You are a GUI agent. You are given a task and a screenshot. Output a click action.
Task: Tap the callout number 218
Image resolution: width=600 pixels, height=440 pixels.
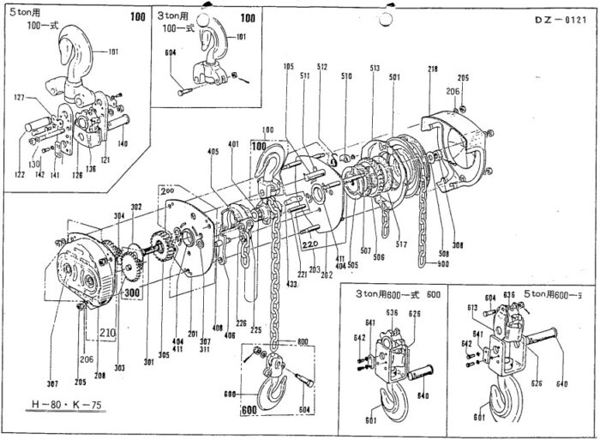tap(433, 68)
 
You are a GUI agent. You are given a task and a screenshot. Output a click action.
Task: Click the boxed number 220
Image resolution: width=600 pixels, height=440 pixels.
tap(310, 243)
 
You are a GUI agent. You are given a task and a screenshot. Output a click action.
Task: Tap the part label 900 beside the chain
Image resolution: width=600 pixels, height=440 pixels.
tap(441, 263)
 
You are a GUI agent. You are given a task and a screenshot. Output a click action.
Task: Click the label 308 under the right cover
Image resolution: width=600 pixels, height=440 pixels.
tap(458, 245)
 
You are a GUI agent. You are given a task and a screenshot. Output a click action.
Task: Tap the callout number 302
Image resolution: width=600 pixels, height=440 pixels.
tap(135, 207)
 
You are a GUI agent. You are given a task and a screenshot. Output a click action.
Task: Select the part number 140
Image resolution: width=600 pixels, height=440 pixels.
tap(123, 143)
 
